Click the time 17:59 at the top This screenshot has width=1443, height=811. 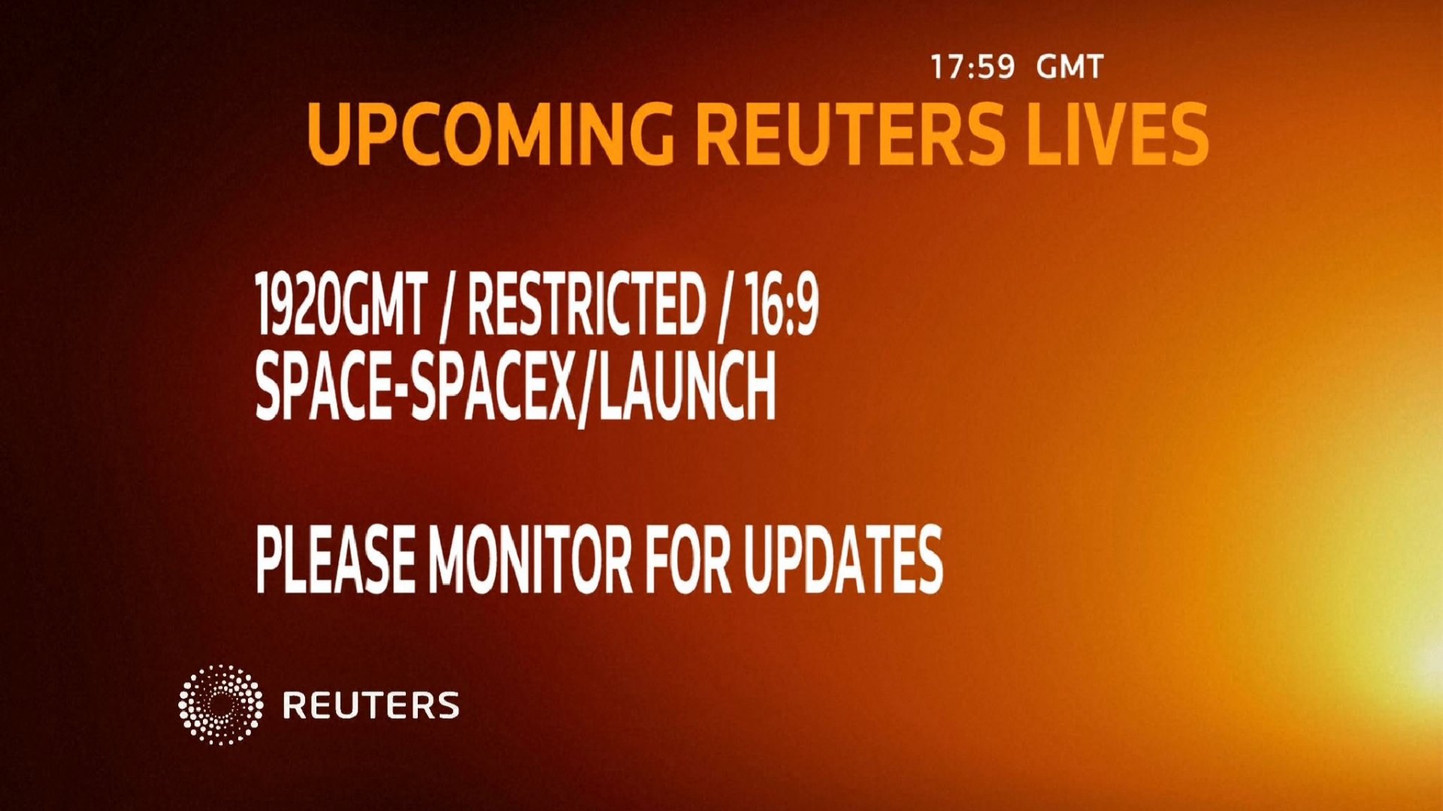point(973,68)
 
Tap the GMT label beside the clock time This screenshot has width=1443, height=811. point(1069,68)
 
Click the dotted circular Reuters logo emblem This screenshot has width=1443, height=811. point(220,704)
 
